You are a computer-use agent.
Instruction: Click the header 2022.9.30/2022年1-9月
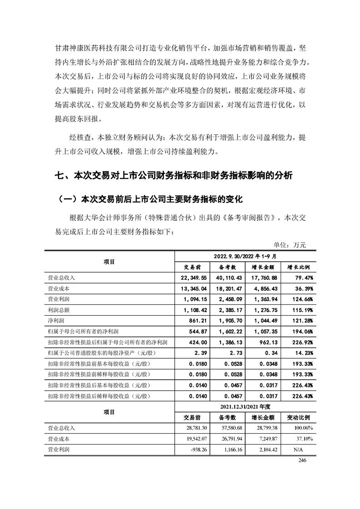(246, 256)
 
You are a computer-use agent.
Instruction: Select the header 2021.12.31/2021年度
(246, 407)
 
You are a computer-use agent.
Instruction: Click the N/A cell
(298, 450)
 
